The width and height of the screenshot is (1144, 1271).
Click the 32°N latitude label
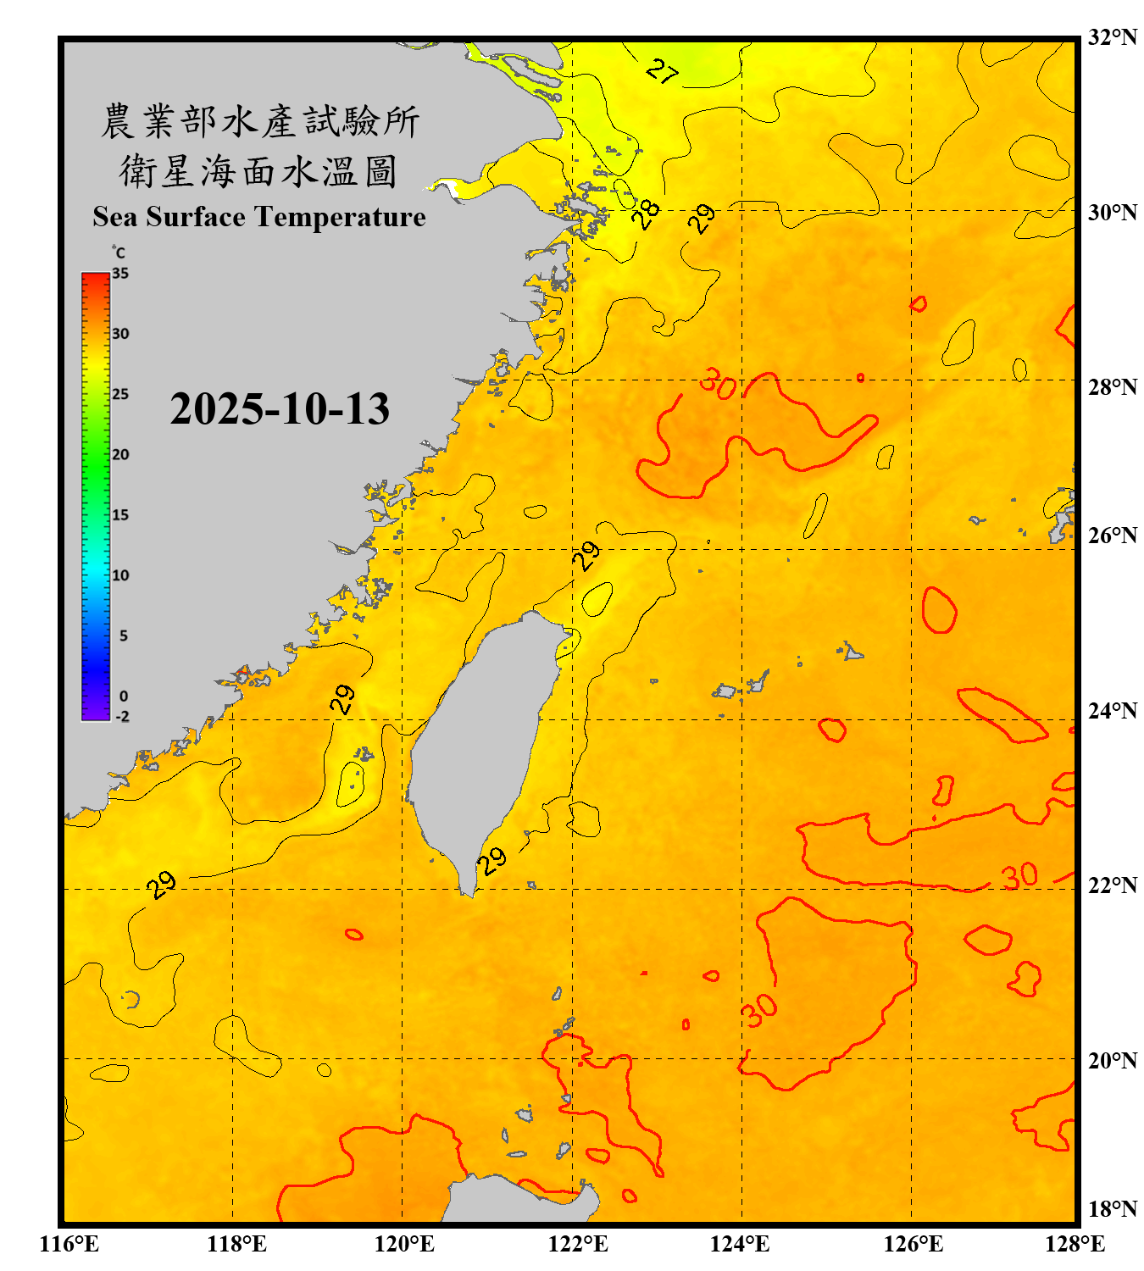coord(1112,37)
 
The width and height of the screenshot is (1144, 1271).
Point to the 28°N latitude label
coord(1112,387)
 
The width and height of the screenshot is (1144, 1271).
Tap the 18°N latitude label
coord(1112,1209)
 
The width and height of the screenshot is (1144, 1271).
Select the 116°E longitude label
coord(69,1244)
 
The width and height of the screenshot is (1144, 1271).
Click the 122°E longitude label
coord(578,1244)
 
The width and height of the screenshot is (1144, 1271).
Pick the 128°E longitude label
coord(1075,1244)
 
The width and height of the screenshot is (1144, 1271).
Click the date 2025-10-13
coord(280,409)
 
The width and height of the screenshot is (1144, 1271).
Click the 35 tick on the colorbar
coord(120,274)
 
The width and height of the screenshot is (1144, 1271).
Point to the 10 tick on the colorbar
coord(120,575)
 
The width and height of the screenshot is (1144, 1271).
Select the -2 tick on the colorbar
coord(122,716)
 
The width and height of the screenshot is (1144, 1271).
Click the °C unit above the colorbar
coord(119,253)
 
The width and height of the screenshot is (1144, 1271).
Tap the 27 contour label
coord(662,71)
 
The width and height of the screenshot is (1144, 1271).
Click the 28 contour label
coord(647,214)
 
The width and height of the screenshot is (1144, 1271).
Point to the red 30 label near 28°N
coord(718,385)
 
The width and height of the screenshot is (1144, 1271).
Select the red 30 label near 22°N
coord(1019,876)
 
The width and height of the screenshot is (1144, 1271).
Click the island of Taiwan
coord(479,737)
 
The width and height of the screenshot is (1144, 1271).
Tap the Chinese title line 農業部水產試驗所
coord(259,121)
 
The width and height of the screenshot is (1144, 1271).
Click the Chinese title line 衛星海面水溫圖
coord(258,171)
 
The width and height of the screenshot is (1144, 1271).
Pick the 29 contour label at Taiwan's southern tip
coord(491,862)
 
